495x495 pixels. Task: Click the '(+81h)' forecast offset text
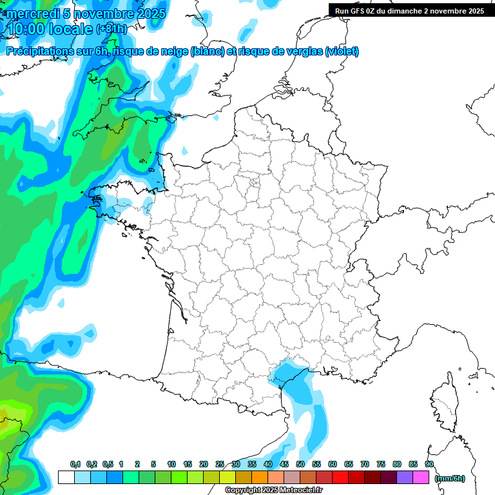(x=112, y=29)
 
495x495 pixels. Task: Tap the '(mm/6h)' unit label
(x=450, y=478)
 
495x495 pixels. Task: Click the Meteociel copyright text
(x=274, y=490)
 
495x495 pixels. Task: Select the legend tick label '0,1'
(x=75, y=465)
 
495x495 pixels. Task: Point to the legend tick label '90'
(x=429, y=465)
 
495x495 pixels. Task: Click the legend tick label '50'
(x=300, y=465)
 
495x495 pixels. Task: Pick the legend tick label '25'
(x=220, y=465)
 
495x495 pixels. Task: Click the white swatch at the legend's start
(x=66, y=478)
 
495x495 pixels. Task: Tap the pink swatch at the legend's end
(x=421, y=478)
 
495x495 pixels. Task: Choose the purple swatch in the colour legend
(x=405, y=478)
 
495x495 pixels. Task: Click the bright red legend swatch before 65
(x=340, y=478)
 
